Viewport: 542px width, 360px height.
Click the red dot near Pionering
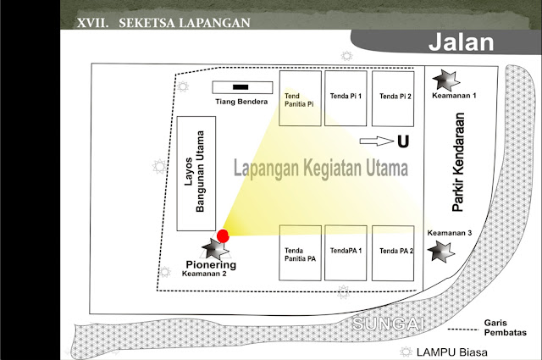coord(223,235)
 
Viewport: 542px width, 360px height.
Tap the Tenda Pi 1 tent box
coord(347,98)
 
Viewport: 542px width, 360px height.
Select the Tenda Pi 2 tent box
coord(395,98)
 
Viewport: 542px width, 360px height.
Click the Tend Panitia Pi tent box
coord(300,98)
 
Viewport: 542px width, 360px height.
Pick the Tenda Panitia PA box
coord(300,253)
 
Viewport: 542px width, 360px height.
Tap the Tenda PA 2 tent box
coord(395,253)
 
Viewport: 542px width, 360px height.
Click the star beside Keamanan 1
coord(445,81)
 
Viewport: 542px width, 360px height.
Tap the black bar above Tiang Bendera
coord(241,87)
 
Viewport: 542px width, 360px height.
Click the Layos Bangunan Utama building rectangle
coord(196,173)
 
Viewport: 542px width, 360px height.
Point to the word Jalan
coord(462,42)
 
